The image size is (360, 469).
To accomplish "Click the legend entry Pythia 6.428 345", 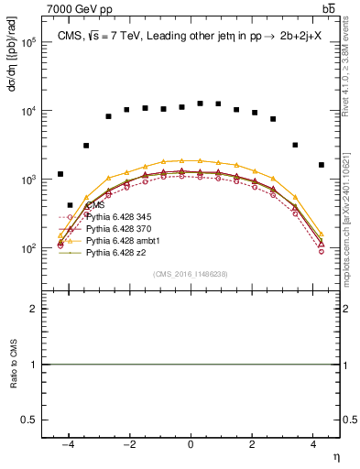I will coord(119,217).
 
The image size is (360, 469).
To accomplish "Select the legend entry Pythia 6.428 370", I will coord(119,228).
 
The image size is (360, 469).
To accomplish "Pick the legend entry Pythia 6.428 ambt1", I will coord(122,239).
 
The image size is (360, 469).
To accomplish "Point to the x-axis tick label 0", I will coord(191,444).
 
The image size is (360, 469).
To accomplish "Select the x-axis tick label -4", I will coord(67,444).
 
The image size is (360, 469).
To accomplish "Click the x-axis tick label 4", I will coord(314,444).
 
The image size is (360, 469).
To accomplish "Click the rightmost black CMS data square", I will coord(322,165).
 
